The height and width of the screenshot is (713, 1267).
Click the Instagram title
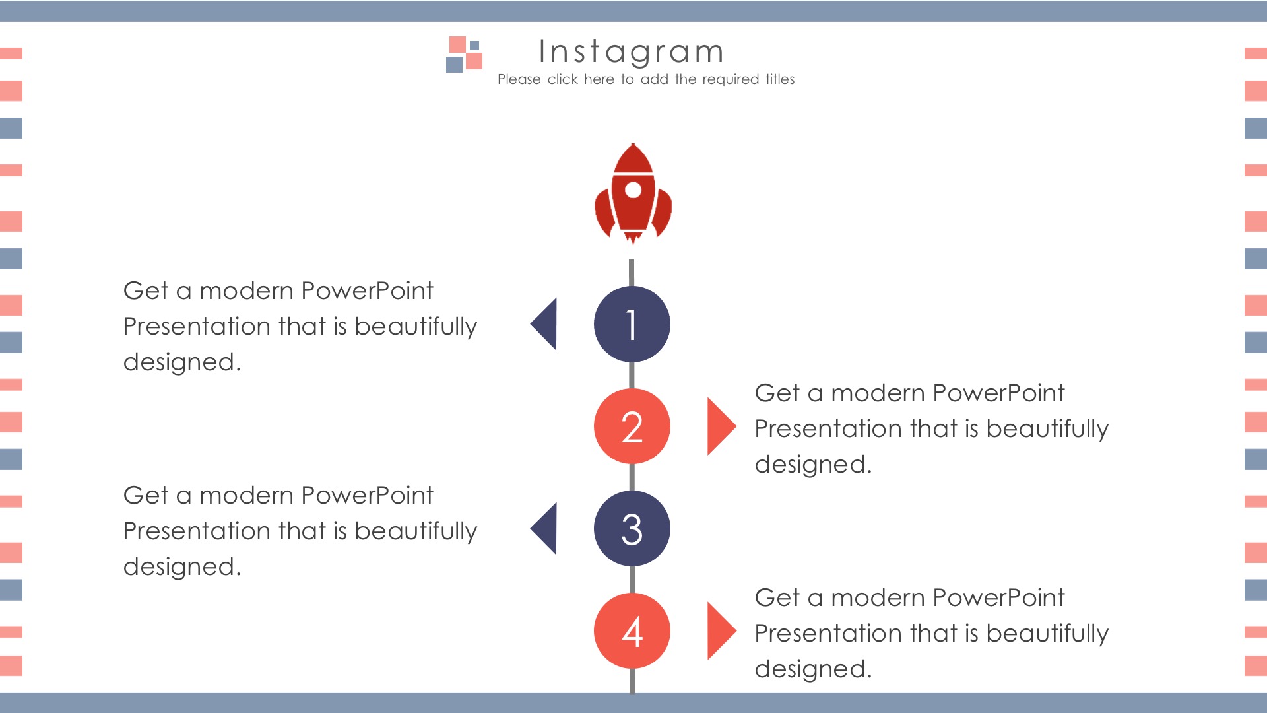(x=632, y=52)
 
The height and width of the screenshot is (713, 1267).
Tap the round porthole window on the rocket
(x=633, y=190)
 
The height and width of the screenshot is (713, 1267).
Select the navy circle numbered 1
(x=632, y=324)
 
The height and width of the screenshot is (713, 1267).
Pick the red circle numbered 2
(x=632, y=426)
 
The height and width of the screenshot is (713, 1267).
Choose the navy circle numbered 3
(x=632, y=529)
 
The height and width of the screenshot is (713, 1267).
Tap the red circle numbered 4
(x=632, y=631)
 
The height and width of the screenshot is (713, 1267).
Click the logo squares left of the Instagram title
(x=465, y=54)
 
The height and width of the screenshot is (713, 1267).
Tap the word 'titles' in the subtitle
(x=780, y=79)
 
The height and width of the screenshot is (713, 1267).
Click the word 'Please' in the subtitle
(x=519, y=79)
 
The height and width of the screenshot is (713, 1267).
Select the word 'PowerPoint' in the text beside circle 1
(x=368, y=291)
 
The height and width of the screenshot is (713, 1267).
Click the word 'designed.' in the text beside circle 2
(x=813, y=465)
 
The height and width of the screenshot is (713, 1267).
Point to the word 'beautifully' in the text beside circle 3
(x=416, y=531)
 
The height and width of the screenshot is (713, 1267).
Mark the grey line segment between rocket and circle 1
(x=632, y=273)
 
